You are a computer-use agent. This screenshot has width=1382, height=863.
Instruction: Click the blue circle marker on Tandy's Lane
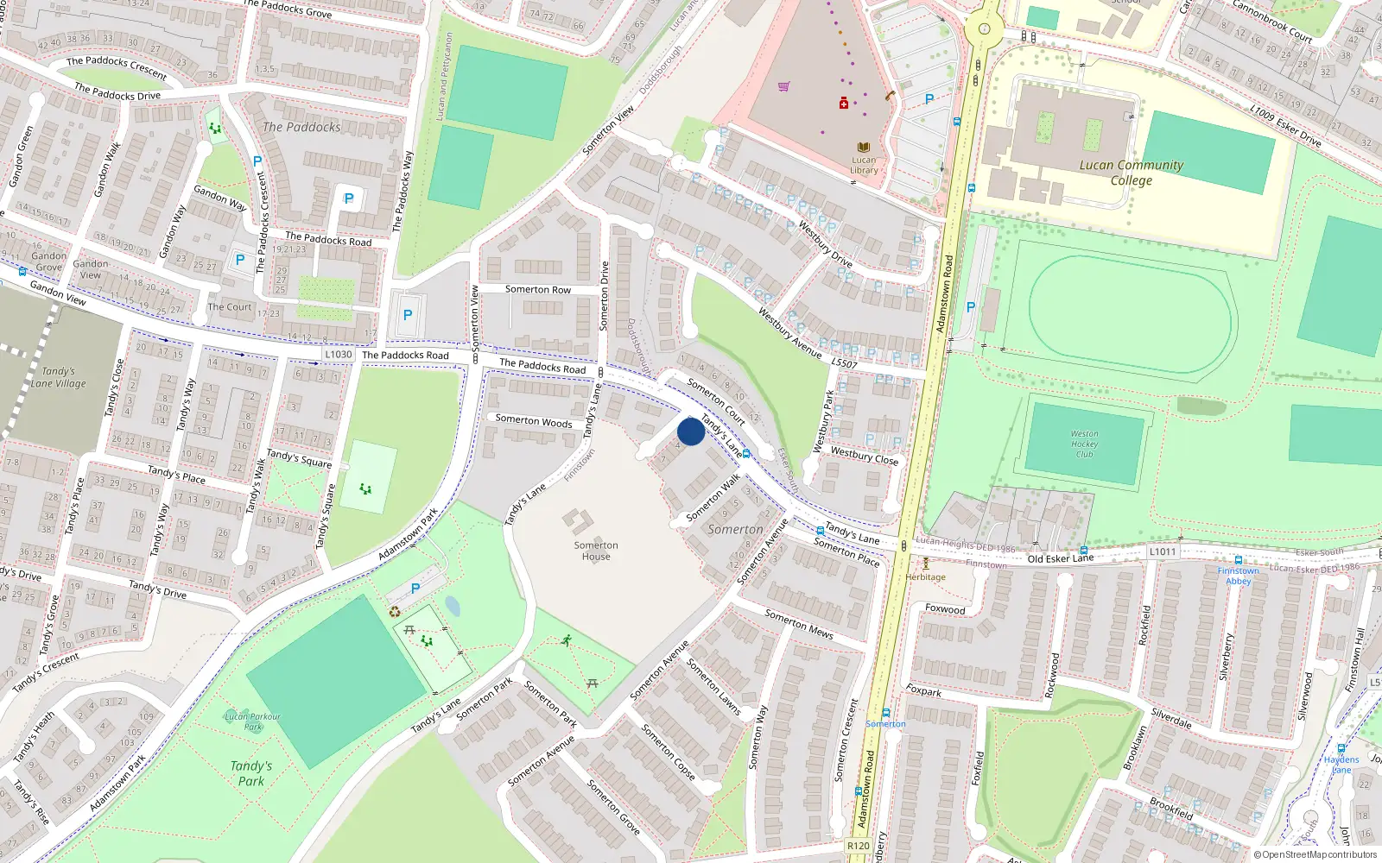point(691,431)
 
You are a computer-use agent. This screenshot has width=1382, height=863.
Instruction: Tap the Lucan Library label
point(864,165)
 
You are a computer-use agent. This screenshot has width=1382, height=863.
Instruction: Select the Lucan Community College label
point(1131,173)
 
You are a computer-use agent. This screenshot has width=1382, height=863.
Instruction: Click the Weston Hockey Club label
point(1084,444)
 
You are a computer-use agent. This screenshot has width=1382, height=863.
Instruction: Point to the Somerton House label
point(596,551)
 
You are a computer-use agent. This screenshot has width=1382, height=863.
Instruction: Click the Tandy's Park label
point(251,773)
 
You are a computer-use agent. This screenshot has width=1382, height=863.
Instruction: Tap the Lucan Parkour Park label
point(252,721)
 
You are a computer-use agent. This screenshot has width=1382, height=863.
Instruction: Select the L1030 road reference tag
point(339,354)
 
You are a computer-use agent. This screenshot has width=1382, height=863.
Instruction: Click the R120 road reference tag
point(858,846)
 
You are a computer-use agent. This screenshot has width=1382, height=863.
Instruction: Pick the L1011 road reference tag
point(1162,551)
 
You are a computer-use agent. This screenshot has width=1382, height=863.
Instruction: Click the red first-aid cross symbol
point(844,104)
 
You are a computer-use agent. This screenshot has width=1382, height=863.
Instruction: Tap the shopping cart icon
point(783,86)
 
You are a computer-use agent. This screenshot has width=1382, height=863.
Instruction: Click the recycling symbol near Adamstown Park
point(395,612)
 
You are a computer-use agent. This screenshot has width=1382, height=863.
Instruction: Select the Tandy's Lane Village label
point(58,377)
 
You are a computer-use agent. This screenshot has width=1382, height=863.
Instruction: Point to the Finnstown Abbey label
point(1238,576)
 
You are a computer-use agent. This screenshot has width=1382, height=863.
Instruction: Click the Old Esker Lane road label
point(1060,558)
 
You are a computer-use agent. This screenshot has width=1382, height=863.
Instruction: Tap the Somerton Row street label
point(538,290)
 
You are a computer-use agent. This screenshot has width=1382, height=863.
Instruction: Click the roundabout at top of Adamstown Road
point(984,28)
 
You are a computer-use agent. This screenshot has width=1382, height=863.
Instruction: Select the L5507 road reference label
point(844,364)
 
